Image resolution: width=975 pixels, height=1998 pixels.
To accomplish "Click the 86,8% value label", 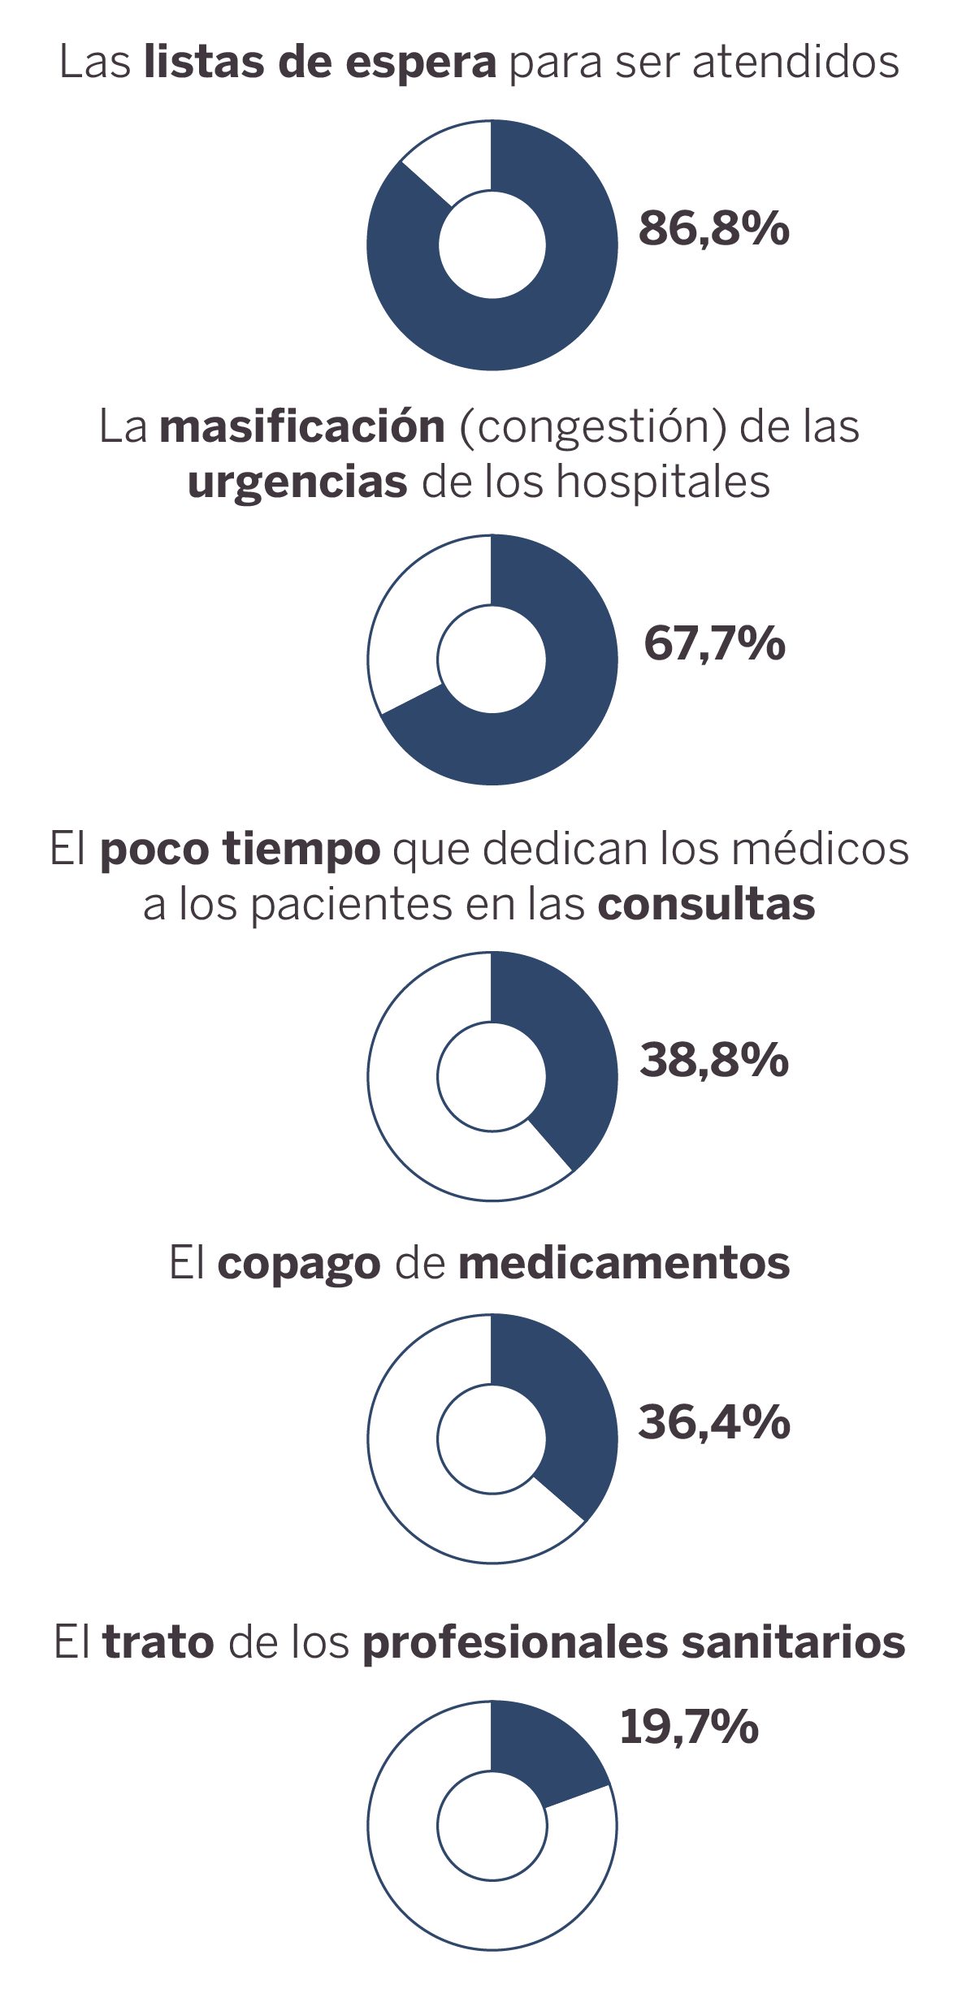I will (x=713, y=228).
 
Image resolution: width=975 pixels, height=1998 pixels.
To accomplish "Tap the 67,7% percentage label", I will (x=714, y=643).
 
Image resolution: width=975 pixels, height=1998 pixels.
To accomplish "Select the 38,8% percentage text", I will (x=714, y=1060).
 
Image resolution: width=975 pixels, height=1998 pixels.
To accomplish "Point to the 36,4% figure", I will (x=714, y=1422).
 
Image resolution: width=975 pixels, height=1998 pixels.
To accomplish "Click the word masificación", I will (x=302, y=426).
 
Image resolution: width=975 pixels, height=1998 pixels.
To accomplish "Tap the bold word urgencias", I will (x=297, y=482).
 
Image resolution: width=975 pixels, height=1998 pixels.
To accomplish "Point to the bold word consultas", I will (x=706, y=905).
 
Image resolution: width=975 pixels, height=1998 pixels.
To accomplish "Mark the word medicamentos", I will (x=624, y=1264).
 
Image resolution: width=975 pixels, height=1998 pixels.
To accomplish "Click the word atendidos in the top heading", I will (x=795, y=62).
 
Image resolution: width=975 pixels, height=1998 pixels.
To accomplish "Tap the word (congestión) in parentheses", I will (x=592, y=427).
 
